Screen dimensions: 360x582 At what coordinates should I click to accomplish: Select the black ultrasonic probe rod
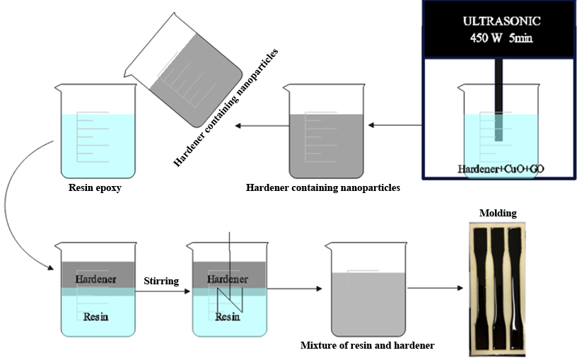pyautogui.click(x=499, y=99)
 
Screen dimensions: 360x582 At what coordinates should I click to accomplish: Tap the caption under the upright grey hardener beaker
pyautogui.click(x=323, y=188)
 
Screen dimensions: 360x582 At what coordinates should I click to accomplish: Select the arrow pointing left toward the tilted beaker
pyautogui.click(x=257, y=126)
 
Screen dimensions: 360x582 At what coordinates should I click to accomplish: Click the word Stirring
pyautogui.click(x=161, y=281)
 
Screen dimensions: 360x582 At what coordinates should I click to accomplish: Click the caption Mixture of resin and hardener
pyautogui.click(x=367, y=345)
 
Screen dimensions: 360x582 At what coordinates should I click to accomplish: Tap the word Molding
pyautogui.click(x=499, y=213)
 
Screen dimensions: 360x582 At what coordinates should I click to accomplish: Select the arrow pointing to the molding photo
pyautogui.click(x=436, y=288)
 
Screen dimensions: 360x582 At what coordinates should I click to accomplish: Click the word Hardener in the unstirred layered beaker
pyautogui.click(x=95, y=278)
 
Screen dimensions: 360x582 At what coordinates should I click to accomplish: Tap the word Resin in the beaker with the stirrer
pyautogui.click(x=228, y=316)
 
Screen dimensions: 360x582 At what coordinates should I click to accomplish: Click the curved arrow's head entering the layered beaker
pyautogui.click(x=51, y=267)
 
